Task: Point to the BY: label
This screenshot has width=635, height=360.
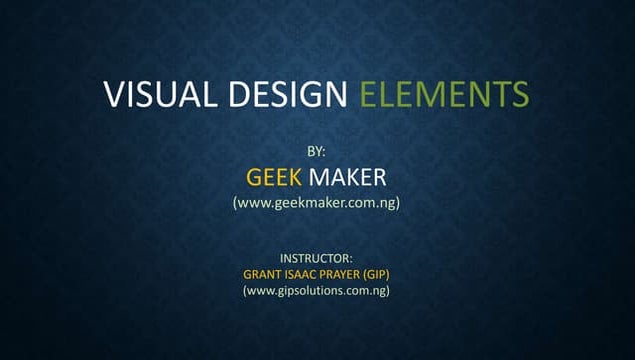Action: [x=316, y=151]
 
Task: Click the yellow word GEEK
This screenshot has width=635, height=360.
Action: [x=273, y=178]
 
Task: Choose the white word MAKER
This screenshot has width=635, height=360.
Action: [x=347, y=178]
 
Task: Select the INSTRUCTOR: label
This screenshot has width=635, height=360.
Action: [x=316, y=257]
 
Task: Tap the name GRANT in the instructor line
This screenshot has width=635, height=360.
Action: [x=263, y=273]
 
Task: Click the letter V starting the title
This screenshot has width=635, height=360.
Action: [x=113, y=95]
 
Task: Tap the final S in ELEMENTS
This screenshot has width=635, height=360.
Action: [x=519, y=95]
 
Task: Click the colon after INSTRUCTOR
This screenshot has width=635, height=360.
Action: [x=351, y=257]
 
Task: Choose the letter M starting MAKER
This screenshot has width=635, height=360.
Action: [x=318, y=178]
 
